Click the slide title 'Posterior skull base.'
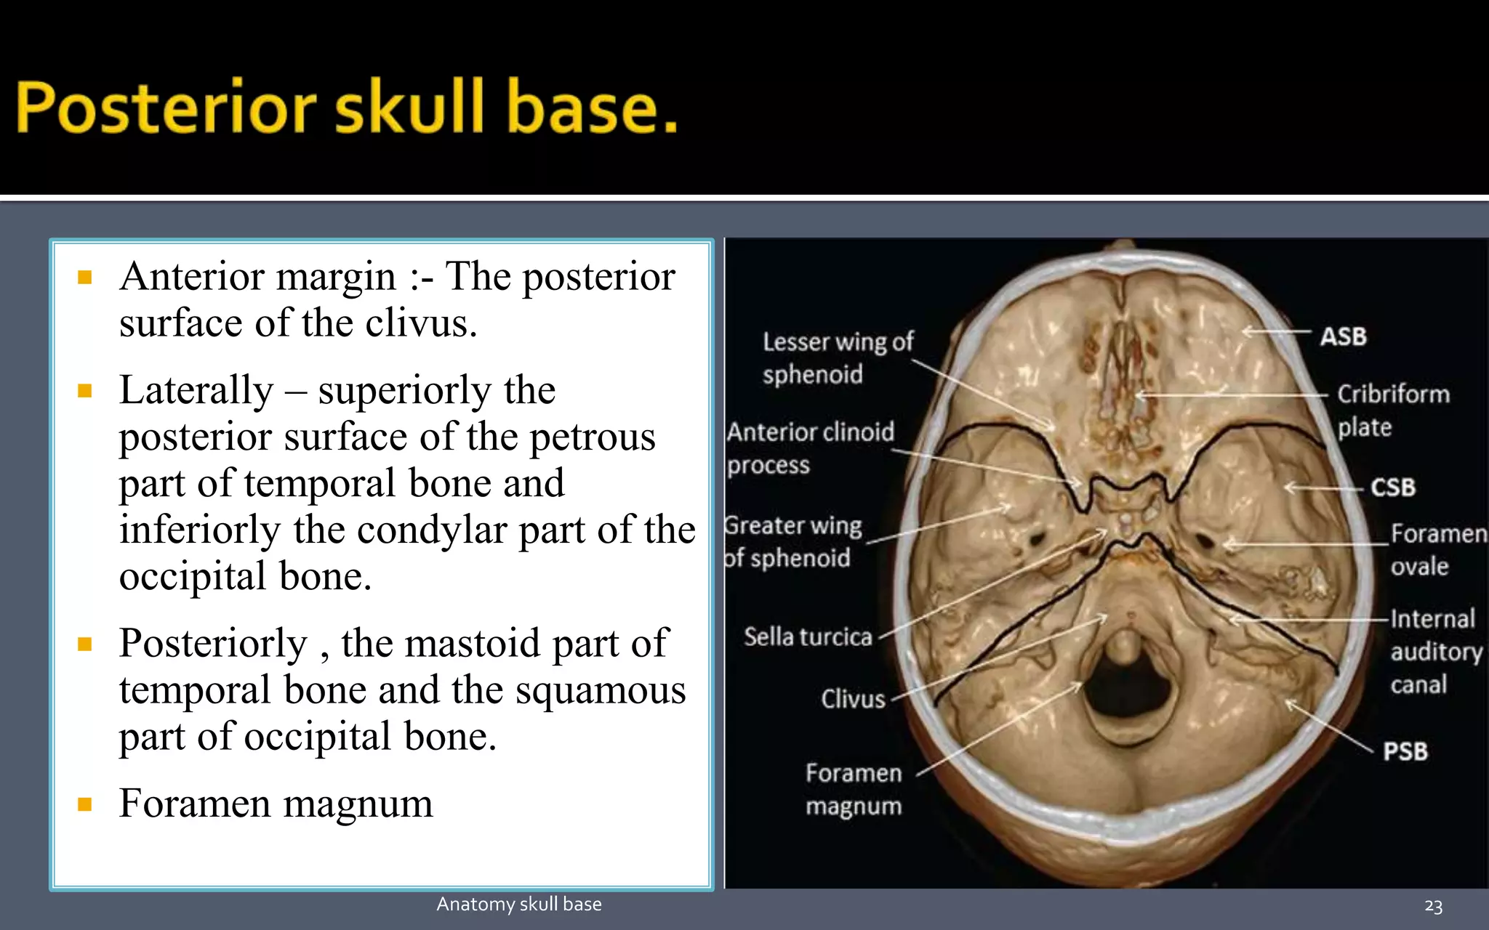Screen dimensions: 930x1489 347,108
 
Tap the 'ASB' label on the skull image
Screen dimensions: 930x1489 1343,336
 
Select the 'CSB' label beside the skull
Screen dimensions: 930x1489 1393,487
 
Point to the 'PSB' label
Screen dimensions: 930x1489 1405,751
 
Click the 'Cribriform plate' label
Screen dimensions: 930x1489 1393,410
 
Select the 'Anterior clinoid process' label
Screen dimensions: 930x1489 810,448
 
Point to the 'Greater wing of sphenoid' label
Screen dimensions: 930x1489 792,541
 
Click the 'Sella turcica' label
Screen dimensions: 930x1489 808,636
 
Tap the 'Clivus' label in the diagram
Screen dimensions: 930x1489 853,699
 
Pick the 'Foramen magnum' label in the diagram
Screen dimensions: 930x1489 854,789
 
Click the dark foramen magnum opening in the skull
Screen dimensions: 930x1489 1129,690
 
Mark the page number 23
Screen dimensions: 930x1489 1433,905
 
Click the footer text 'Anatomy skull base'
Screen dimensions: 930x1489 519,904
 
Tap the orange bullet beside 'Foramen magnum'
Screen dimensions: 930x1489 85,804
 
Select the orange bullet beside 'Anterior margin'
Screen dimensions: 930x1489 85,277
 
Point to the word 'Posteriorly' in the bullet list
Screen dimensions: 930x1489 214,643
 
